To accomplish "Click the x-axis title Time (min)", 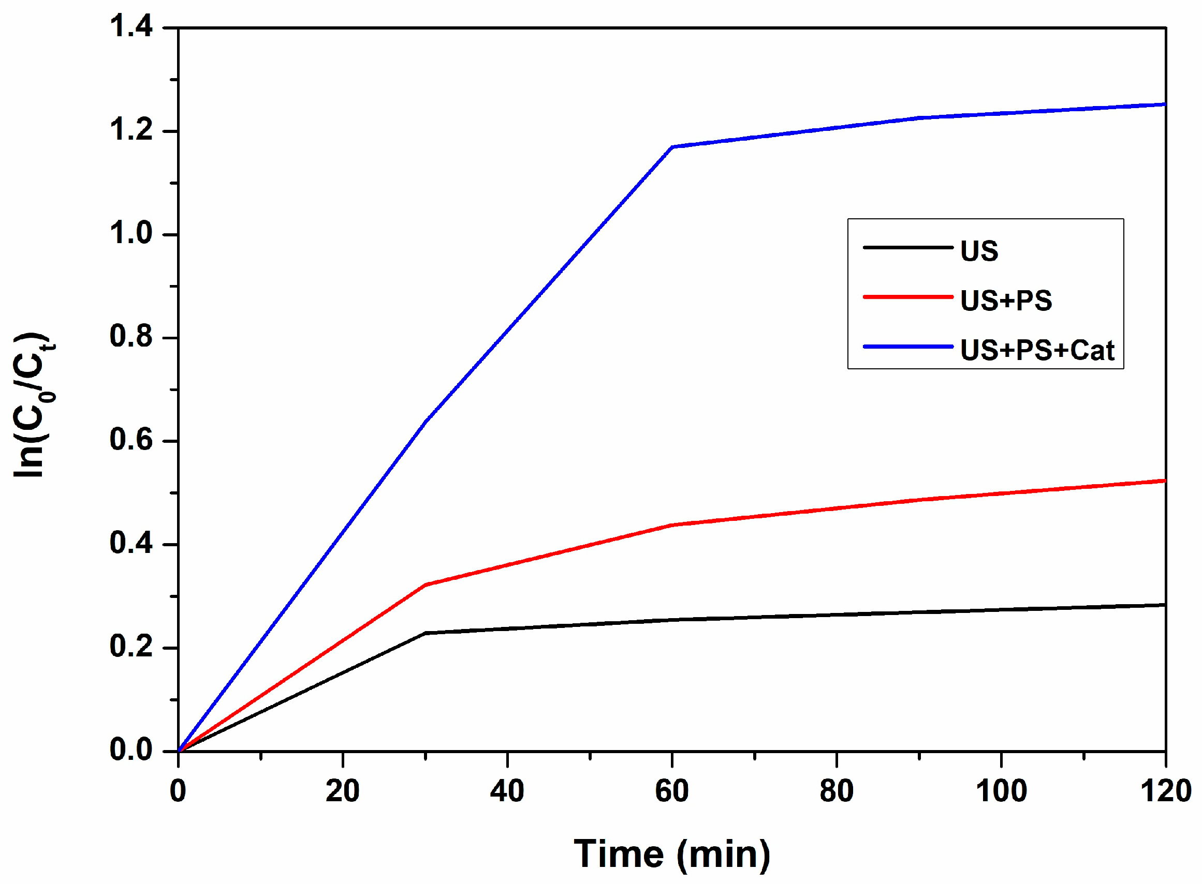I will (671, 854).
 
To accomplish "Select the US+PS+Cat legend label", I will (1037, 351).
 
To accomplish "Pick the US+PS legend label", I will (1005, 301).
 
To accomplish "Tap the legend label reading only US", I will (979, 251).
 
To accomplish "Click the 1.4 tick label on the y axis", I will (131, 27).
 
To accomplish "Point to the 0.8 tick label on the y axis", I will (131, 337).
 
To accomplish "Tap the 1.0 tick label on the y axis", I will (131, 234).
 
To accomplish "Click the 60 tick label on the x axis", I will (671, 791).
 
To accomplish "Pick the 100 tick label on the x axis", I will (1001, 791).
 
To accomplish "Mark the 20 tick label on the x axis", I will (343, 791).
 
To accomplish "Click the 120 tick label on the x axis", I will (1166, 791).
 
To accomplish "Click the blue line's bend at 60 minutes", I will (672, 146).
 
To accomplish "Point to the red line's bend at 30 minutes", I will (426, 585).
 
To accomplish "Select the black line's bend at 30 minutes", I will (426, 633).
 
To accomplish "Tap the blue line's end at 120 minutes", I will (1164, 104).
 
